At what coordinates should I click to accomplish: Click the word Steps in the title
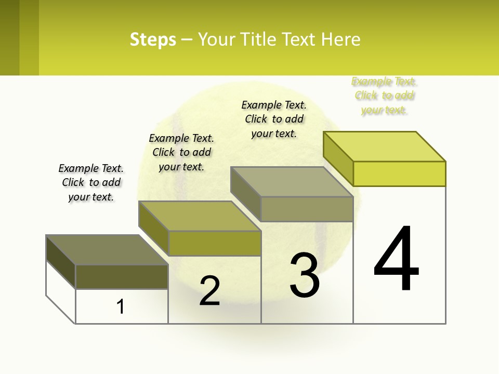pos(153,40)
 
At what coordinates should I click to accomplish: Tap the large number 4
pos(396,259)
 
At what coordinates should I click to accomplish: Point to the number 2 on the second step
pos(209,291)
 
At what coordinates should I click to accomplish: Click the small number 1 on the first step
pos(121,306)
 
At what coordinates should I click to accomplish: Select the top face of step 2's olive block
pos(200,216)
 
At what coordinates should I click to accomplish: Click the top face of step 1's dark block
pos(107,250)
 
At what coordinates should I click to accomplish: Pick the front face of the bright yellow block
pos(399,173)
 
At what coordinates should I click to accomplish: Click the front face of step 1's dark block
pos(122,276)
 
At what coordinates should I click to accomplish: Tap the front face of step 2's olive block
pos(215,243)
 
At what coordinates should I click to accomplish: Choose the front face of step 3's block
pos(307,209)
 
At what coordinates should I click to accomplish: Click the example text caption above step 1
pos(91,183)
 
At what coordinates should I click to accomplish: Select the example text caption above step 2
pos(181,153)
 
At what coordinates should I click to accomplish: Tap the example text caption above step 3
pos(274,119)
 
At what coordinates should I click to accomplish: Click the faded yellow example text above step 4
pos(385,96)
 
